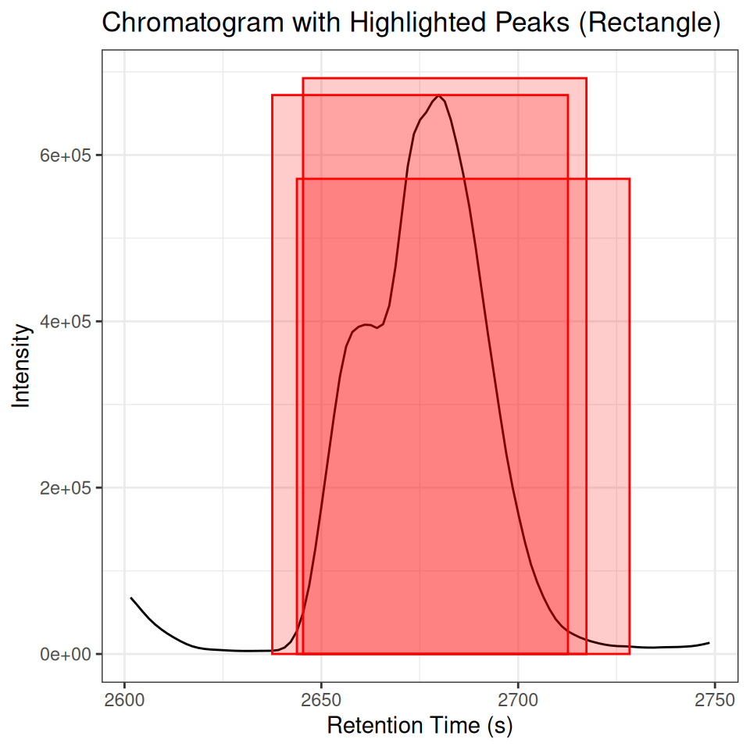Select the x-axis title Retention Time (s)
[x=420, y=726]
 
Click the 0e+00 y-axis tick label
[x=66, y=654]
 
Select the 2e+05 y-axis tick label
[x=66, y=487]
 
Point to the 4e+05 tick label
[x=66, y=321]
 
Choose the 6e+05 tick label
[x=66, y=155]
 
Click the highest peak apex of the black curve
[x=439, y=96]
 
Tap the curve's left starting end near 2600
[x=131, y=598]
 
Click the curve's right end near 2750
[x=709, y=642]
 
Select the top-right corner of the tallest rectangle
[x=586, y=78]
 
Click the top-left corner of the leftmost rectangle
[x=272, y=95]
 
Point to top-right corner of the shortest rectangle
[x=629, y=179]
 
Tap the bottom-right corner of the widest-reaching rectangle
[x=629, y=653]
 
